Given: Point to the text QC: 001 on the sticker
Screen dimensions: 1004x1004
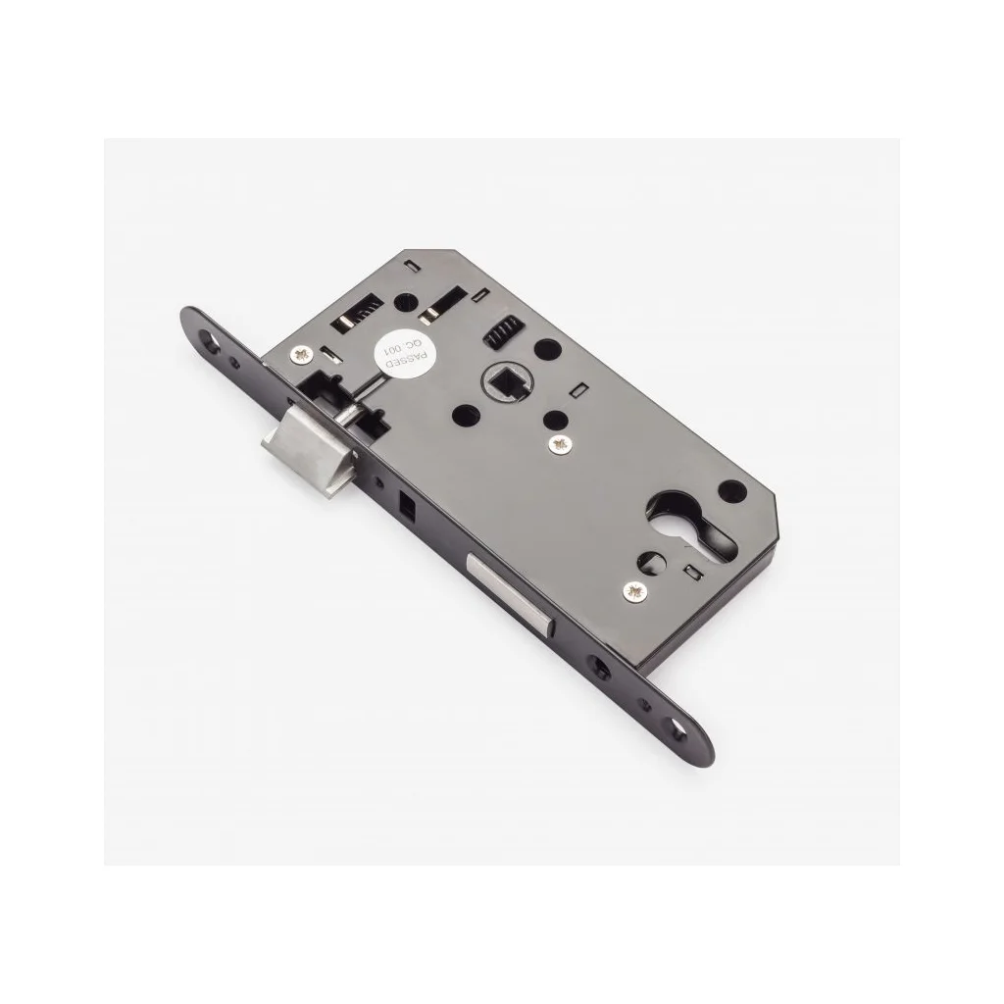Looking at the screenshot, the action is [x=395, y=351].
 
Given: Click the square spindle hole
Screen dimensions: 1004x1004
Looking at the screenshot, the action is [x=504, y=383].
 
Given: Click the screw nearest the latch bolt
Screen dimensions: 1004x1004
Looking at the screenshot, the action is [x=301, y=354].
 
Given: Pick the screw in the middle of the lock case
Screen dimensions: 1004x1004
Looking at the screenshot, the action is [x=562, y=444].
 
